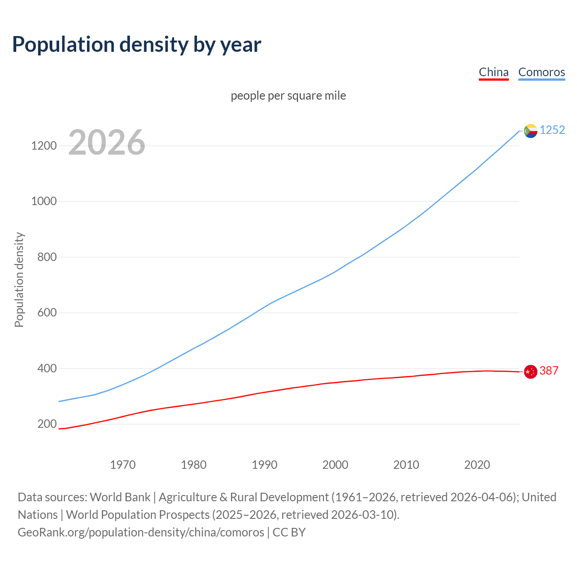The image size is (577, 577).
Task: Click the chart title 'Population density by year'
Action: [137, 44]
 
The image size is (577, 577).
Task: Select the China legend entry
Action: [494, 72]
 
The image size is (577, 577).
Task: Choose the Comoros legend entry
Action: [541, 72]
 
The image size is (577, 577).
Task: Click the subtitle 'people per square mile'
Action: [288, 96]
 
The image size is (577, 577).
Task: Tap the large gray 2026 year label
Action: [107, 142]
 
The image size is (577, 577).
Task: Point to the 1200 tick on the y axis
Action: [44, 146]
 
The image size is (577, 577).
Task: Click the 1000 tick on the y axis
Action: [44, 201]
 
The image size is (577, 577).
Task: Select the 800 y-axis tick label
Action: [47, 257]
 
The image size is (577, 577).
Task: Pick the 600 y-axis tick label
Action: [47, 312]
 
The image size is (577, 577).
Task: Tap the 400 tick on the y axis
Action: [47, 368]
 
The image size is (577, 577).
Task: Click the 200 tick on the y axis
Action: [47, 424]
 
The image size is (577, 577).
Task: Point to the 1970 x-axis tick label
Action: [123, 464]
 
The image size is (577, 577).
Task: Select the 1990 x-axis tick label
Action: [265, 464]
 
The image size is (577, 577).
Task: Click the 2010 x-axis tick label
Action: [406, 464]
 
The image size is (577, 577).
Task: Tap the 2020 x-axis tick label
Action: [477, 464]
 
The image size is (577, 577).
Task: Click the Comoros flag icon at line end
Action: [531, 131]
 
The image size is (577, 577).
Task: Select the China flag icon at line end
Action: [531, 372]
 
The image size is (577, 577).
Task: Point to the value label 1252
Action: [552, 130]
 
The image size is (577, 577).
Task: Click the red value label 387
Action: [549, 371]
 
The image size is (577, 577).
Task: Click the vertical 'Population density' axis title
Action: [19, 279]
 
